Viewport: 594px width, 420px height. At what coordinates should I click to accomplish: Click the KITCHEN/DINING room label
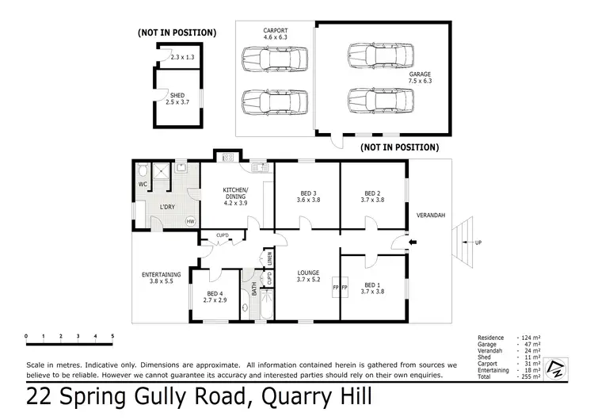click(236, 190)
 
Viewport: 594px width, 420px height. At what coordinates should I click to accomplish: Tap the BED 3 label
click(308, 193)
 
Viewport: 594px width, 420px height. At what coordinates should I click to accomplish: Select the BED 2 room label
click(373, 193)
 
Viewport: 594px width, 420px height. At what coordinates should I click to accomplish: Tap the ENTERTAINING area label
click(162, 275)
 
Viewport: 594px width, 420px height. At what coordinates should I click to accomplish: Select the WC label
click(143, 185)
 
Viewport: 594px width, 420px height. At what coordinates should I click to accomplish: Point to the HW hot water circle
click(191, 221)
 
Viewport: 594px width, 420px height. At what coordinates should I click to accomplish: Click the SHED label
click(177, 94)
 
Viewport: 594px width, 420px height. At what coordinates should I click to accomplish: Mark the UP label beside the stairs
click(477, 243)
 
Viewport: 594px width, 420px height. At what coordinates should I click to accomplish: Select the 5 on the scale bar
click(112, 337)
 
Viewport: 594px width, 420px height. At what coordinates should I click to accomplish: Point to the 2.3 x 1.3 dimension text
click(182, 58)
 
